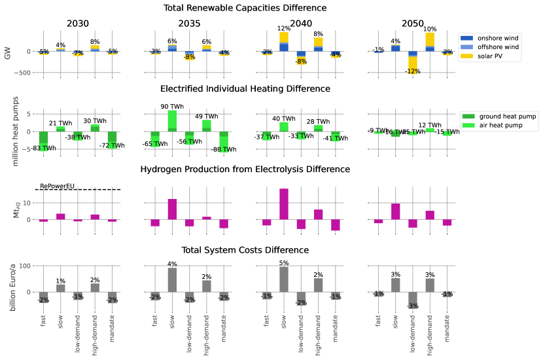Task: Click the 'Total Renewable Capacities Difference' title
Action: tap(245, 8)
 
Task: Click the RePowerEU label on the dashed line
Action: tap(58, 186)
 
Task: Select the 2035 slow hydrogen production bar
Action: tap(172, 209)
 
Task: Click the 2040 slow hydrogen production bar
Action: tap(284, 204)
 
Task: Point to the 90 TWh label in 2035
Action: tap(172, 107)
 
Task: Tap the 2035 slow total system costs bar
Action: tap(172, 279)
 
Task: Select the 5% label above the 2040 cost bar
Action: tap(284, 263)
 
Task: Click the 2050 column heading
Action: tap(413, 24)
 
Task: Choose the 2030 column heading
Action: tap(78, 24)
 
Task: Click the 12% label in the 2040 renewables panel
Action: tap(284, 29)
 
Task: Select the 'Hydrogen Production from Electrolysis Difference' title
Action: tap(245, 170)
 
